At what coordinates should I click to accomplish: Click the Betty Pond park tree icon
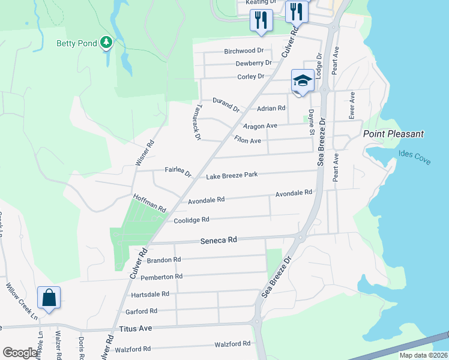click(106, 42)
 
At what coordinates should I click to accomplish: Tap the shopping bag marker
click(48, 297)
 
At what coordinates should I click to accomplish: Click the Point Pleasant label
click(393, 134)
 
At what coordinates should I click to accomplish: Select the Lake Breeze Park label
click(232, 175)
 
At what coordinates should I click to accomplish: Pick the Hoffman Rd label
click(149, 203)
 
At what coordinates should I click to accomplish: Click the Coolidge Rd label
click(191, 220)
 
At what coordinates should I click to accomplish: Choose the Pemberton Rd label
click(161, 277)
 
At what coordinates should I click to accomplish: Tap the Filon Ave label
click(247, 140)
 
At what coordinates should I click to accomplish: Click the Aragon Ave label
click(260, 126)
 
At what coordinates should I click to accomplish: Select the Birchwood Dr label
click(244, 51)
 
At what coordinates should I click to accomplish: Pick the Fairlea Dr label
click(178, 173)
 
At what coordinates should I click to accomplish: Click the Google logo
click(20, 353)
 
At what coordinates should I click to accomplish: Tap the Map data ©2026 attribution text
click(423, 355)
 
